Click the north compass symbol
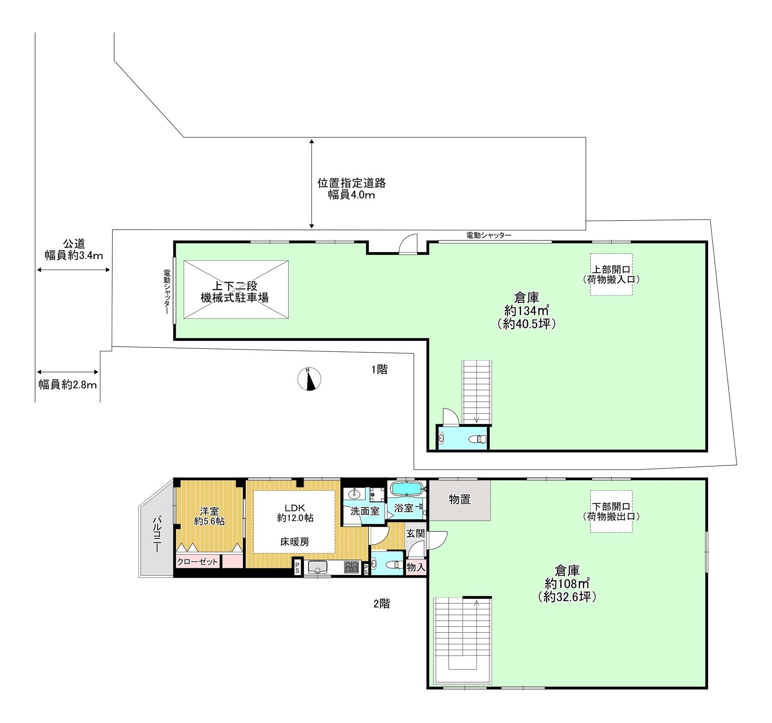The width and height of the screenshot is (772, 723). point(309,379)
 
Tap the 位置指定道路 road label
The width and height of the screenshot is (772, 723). point(351,183)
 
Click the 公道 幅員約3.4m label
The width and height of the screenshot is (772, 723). point(74,249)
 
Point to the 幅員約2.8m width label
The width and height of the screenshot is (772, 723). point(68,384)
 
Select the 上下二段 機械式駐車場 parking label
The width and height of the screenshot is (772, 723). point(235,292)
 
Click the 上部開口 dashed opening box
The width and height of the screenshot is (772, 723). point(611,274)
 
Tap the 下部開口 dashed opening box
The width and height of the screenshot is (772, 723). point(611,511)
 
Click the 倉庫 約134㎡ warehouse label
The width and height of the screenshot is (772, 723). point(526,310)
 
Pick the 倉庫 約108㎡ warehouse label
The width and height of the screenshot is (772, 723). point(567,583)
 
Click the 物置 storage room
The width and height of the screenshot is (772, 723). point(459,500)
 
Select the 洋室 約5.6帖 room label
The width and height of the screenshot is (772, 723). point(209,516)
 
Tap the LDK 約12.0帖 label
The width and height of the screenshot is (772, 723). point(295,512)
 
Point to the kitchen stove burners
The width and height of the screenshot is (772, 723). point(352,567)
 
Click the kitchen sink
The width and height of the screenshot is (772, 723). point(317,567)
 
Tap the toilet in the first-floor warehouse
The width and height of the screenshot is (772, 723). point(477,439)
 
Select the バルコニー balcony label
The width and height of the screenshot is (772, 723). point(157,534)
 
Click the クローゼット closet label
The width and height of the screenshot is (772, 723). point(198,561)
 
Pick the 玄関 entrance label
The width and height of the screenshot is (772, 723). point(416,533)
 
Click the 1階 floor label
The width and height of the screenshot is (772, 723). point(379,369)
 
